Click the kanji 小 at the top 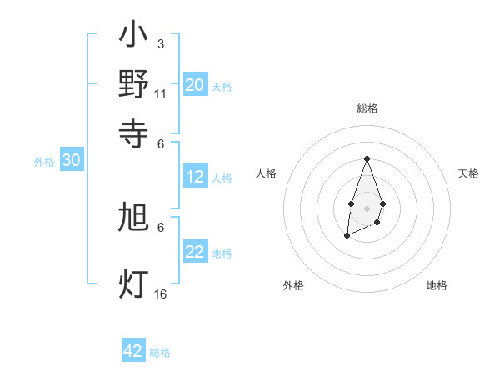coord(133,38)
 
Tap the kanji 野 coord(133,84)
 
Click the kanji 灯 coord(133,284)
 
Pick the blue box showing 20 coord(194,84)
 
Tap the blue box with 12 coord(194,177)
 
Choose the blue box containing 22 coord(194,252)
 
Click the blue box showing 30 coord(71,161)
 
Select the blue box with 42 coord(133,351)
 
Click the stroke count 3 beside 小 coord(160,43)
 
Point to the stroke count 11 coord(160,93)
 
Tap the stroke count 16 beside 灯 coord(160,294)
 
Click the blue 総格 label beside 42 coord(160,353)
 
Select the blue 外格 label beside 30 coord(44,163)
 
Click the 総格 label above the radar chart coord(367,108)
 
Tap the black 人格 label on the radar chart coord(267,173)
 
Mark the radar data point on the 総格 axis coord(367,158)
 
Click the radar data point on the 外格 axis coord(347,237)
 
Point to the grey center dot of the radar coord(367,207)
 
